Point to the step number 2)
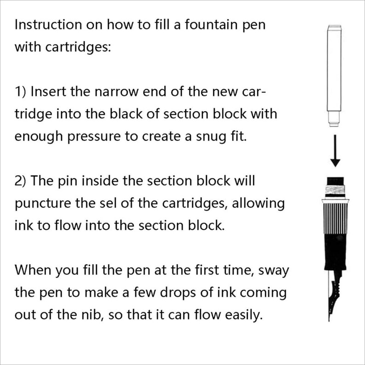point(22,181)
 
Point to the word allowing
point(260,203)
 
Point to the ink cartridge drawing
point(334,74)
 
